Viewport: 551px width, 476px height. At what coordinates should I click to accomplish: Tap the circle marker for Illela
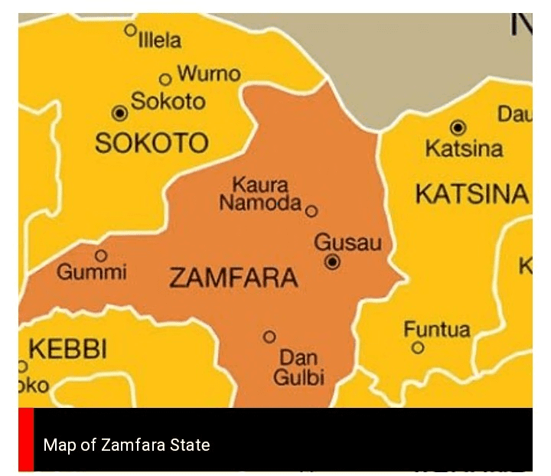point(131,30)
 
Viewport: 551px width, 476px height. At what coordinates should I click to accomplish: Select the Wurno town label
point(208,74)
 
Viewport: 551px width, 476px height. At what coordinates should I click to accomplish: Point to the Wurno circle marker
point(165,79)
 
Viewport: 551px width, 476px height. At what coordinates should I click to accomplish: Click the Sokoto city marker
point(119,113)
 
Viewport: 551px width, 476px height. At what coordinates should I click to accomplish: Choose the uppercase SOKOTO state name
point(151,143)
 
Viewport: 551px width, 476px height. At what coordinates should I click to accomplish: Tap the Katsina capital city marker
point(458,127)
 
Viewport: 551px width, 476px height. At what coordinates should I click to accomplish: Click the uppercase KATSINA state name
point(471,194)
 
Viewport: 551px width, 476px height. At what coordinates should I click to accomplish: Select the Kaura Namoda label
point(260,194)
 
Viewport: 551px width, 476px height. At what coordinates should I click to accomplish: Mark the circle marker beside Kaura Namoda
point(311,211)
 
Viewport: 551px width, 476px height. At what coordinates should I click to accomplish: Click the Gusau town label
point(347,243)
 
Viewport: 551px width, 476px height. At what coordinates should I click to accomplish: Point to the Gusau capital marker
point(332,262)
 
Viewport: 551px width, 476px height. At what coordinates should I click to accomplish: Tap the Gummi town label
point(92,272)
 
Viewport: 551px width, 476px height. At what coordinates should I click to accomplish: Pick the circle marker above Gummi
point(100,255)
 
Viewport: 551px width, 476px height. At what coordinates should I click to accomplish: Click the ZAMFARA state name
point(233,278)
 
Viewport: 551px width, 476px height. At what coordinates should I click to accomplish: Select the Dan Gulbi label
point(298,367)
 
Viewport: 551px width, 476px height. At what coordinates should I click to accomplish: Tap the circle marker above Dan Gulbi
point(269,337)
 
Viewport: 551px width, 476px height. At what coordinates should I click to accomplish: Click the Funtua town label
point(437,330)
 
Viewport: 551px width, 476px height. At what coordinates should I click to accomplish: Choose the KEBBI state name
point(68,350)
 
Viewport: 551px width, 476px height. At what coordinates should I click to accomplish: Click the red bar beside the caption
point(26,439)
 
